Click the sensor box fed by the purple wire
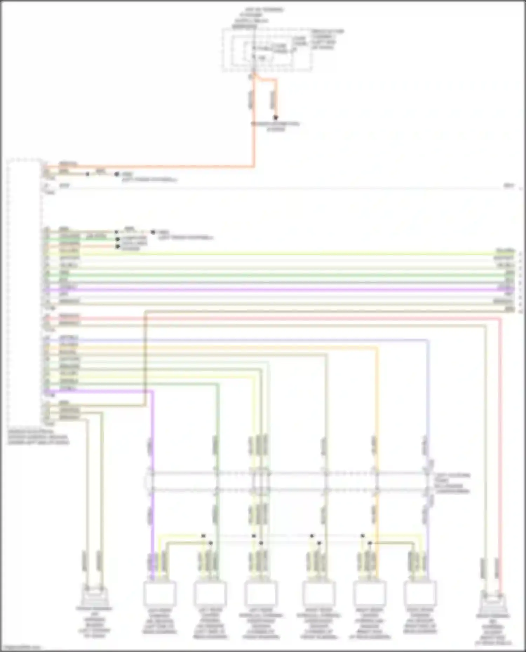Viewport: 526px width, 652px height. click(159, 593)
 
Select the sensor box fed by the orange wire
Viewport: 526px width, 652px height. click(370, 593)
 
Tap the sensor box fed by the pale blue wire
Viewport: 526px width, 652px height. click(420, 593)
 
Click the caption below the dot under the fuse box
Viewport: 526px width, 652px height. click(276, 126)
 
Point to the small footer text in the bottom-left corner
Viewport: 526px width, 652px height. click(21, 647)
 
